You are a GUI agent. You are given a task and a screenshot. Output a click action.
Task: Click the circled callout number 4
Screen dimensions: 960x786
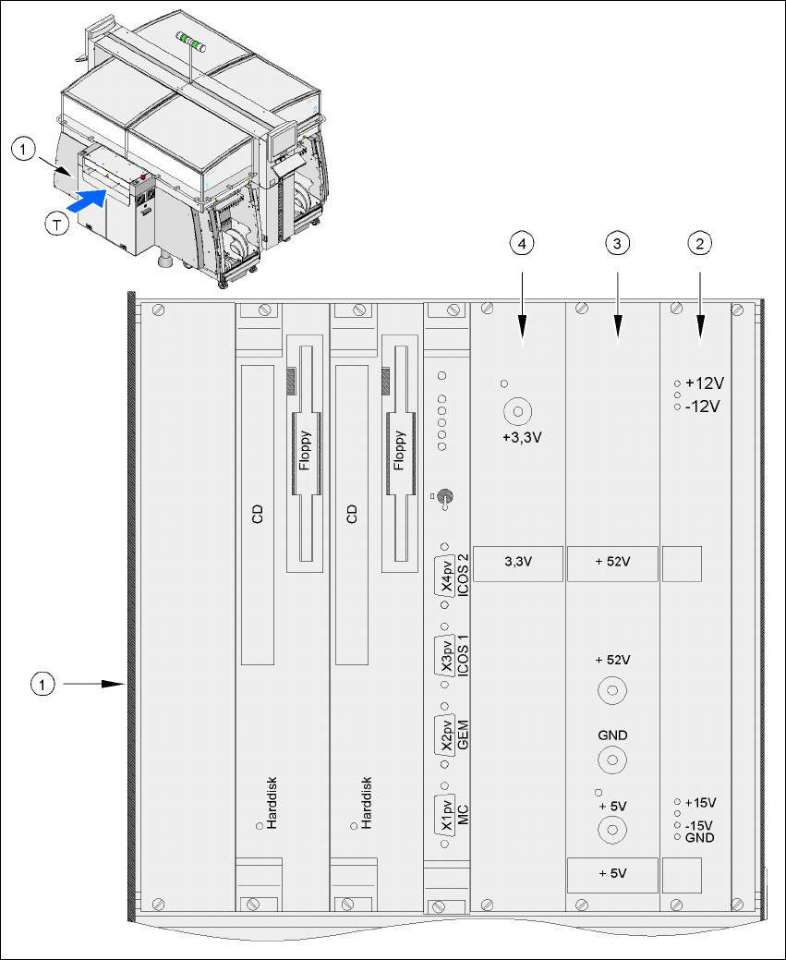pyautogui.click(x=523, y=243)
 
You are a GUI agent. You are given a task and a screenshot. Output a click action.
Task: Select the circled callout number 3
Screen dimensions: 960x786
pyautogui.click(x=617, y=243)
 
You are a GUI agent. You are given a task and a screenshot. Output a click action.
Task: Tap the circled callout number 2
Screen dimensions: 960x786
pyautogui.click(x=700, y=243)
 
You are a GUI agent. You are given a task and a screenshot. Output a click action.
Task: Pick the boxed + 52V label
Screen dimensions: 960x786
pyautogui.click(x=612, y=563)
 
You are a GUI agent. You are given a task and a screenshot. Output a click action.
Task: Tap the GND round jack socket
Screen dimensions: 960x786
pyautogui.click(x=611, y=760)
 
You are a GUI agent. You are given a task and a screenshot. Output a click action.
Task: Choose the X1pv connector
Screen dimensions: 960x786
pyautogui.click(x=446, y=815)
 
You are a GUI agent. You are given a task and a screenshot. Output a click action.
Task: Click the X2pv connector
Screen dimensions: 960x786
pyautogui.click(x=446, y=735)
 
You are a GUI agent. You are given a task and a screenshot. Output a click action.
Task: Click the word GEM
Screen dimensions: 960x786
pyautogui.click(x=463, y=735)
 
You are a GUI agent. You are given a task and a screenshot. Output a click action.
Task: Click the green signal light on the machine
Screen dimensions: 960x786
pyautogui.click(x=192, y=39)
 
